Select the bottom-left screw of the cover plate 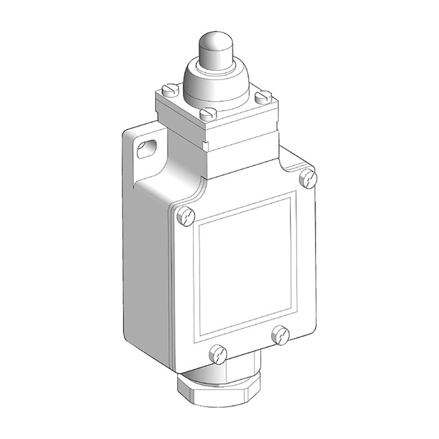(x=217, y=353)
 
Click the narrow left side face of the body (x=146, y=264)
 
